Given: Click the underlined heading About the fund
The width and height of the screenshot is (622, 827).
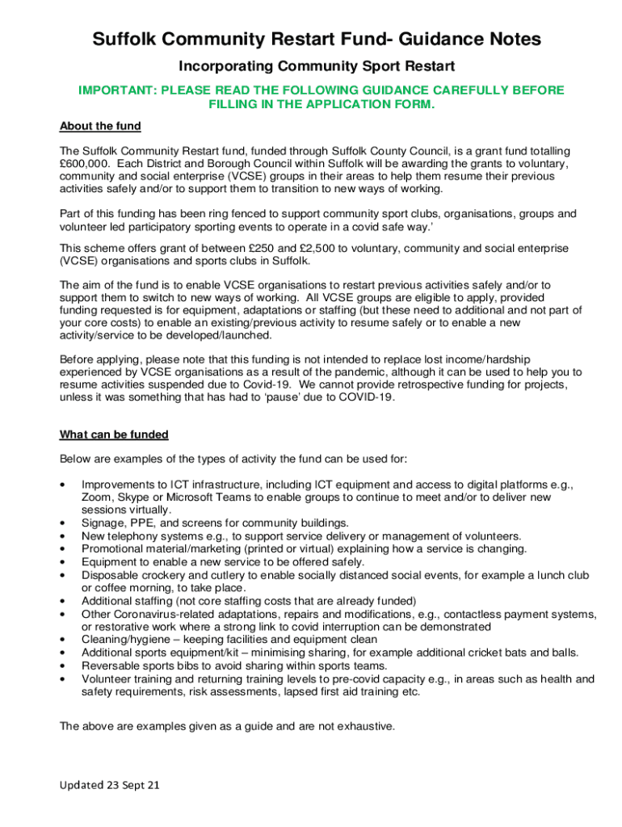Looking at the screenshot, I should click(x=100, y=126).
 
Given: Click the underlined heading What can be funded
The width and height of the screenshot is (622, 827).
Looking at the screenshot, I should click(x=114, y=434).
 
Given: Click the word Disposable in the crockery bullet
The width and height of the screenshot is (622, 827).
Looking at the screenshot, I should click(x=111, y=575).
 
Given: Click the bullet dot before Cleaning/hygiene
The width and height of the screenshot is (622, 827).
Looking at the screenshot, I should click(x=63, y=640).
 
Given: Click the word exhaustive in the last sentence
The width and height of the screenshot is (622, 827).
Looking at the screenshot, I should click(x=363, y=726).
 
